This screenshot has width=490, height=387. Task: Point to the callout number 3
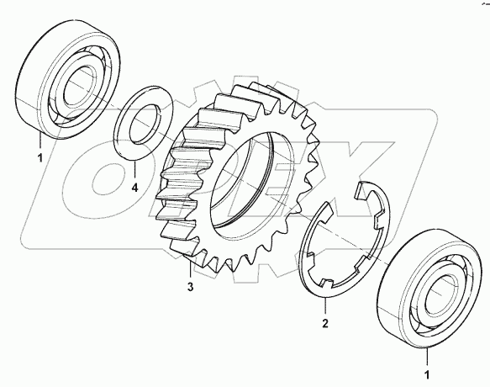point(191,289)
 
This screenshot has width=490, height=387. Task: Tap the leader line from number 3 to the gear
point(191,273)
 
